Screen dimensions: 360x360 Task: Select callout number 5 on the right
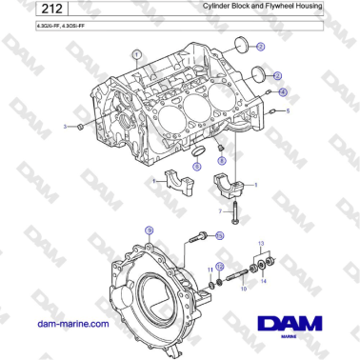[x=288, y=111]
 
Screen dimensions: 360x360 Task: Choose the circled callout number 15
[x=220, y=235]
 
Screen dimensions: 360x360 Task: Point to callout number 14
[x=264, y=283]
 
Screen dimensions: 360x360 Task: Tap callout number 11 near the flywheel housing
[x=211, y=270]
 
